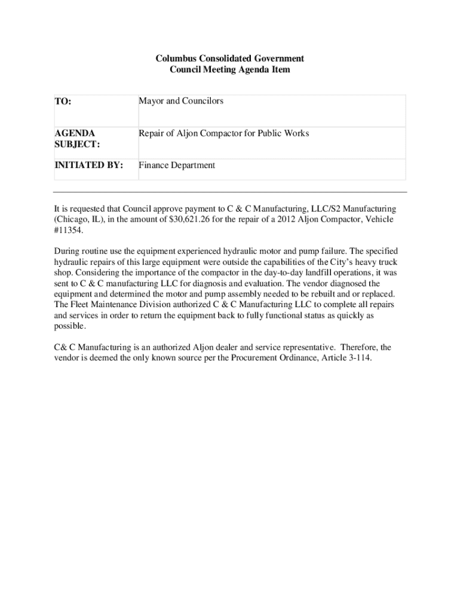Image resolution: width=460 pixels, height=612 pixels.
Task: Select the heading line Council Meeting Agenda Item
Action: [x=230, y=70]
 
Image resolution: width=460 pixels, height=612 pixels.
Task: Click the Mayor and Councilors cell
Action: [x=181, y=101]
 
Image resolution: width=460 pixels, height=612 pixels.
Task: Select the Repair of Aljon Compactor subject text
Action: [x=224, y=133]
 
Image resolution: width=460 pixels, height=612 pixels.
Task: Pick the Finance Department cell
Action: [x=177, y=165]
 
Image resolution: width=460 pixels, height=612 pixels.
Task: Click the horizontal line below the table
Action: [x=230, y=192]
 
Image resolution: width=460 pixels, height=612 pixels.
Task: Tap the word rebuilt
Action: [x=339, y=294]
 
